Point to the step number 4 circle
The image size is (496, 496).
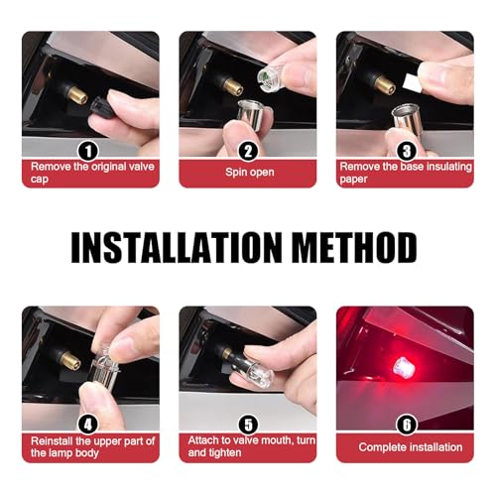pos(90,422)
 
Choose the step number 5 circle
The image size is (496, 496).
pos(247,422)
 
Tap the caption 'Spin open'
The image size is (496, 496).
pos(247,171)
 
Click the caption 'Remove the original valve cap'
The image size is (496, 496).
pos(90,171)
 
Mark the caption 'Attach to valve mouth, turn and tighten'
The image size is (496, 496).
pos(247,445)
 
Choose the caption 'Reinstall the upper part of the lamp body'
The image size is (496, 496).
pos(90,445)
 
